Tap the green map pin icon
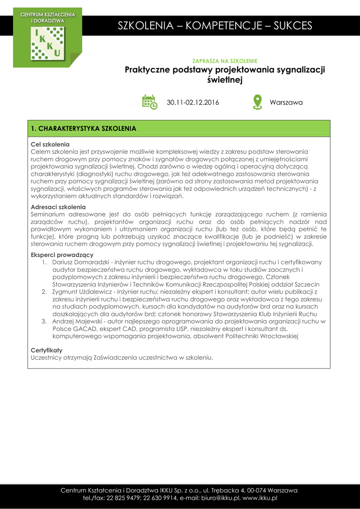tap(257, 102)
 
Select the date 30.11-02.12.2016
tap(192, 102)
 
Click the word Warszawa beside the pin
tap(286, 102)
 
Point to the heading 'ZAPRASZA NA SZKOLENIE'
tap(225, 61)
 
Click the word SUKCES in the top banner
tap(293, 26)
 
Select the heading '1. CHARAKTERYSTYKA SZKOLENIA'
tap(84, 128)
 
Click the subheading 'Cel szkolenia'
tap(50, 144)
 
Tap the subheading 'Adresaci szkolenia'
tap(58, 207)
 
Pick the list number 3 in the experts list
tap(44, 321)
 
